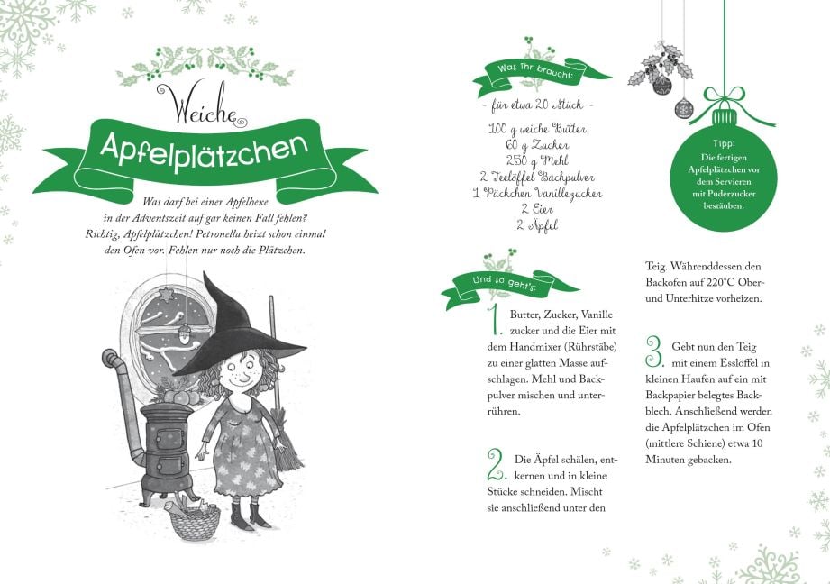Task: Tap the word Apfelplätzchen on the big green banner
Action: click(205, 151)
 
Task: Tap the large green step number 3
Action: click(654, 351)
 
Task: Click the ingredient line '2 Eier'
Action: click(537, 209)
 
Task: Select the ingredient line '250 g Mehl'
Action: click(537, 161)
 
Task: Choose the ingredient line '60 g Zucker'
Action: click(537, 145)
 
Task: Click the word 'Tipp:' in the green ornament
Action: click(724, 143)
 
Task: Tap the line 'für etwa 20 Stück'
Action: click(537, 105)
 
